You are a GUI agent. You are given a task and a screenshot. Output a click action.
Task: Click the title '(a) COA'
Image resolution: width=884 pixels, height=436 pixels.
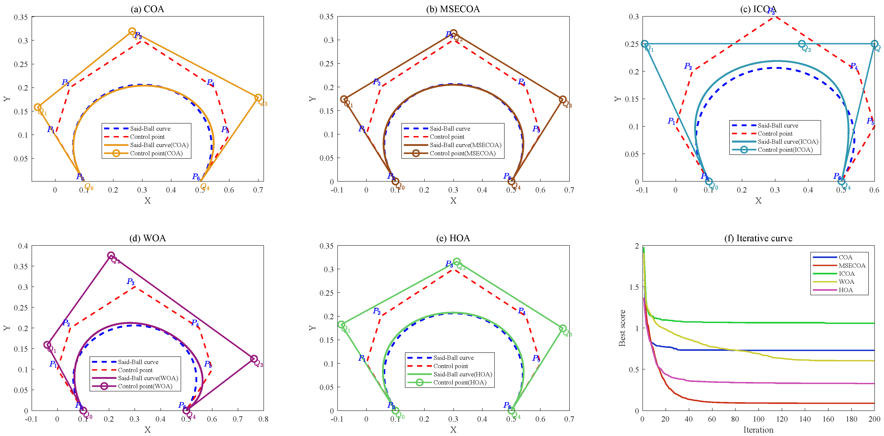(x=147, y=9)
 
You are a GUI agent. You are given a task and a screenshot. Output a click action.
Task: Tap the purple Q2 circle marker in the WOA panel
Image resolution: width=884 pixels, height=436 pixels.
(x=111, y=255)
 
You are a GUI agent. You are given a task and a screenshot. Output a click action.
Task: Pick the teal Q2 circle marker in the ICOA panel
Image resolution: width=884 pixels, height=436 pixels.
(x=802, y=44)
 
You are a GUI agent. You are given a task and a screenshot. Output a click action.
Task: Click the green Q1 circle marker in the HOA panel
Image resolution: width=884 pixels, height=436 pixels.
(x=341, y=324)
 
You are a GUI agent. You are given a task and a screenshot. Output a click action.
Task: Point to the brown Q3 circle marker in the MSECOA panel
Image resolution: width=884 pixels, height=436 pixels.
(x=563, y=100)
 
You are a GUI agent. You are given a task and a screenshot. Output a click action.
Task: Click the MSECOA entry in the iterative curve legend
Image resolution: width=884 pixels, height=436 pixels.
(x=852, y=265)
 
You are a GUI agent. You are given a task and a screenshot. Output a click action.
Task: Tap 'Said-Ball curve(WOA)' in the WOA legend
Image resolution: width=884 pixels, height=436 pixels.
(x=148, y=378)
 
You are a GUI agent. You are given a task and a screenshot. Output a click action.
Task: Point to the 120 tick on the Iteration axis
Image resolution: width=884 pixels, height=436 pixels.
(x=782, y=419)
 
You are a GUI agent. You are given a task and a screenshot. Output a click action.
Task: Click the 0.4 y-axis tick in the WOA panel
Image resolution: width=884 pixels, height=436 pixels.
(x=23, y=246)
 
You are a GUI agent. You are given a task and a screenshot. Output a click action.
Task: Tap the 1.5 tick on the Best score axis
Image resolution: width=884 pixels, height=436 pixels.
(x=634, y=287)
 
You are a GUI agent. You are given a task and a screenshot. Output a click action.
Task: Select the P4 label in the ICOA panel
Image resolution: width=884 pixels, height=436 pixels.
(x=854, y=66)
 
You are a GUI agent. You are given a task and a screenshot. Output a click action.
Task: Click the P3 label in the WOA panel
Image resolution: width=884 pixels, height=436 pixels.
(x=131, y=282)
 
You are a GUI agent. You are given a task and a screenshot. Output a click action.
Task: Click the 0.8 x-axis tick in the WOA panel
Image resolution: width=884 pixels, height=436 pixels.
(x=263, y=419)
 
